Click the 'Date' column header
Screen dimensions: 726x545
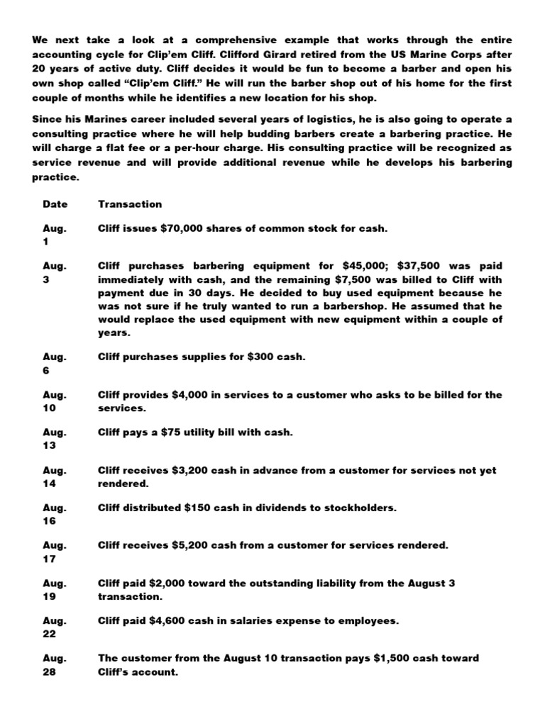pos(55,204)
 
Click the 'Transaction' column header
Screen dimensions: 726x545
pos(130,204)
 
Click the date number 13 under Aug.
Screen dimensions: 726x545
pos(49,446)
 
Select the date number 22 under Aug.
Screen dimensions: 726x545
pos(49,635)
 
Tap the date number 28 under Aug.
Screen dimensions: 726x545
pos(49,672)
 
